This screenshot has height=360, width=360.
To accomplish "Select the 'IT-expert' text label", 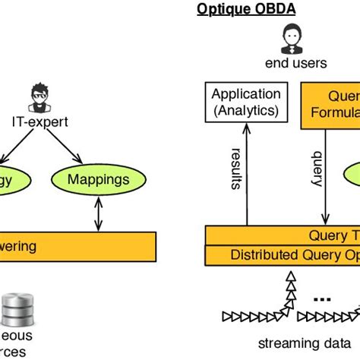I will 38,121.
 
